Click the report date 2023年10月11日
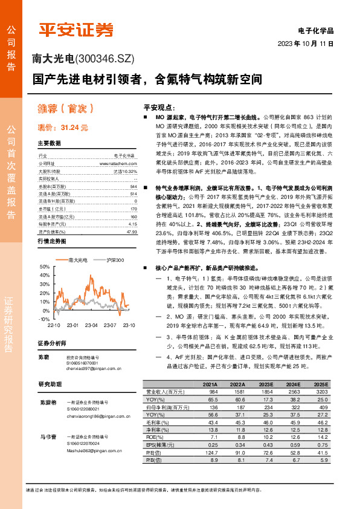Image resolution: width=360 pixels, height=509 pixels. point(305,44)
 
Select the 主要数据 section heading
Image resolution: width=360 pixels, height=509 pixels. point(50,143)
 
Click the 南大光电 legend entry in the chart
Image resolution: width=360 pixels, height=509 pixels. point(76,259)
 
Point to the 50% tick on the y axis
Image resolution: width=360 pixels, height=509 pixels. point(44,267)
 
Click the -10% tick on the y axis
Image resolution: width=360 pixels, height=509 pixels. point(43,319)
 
